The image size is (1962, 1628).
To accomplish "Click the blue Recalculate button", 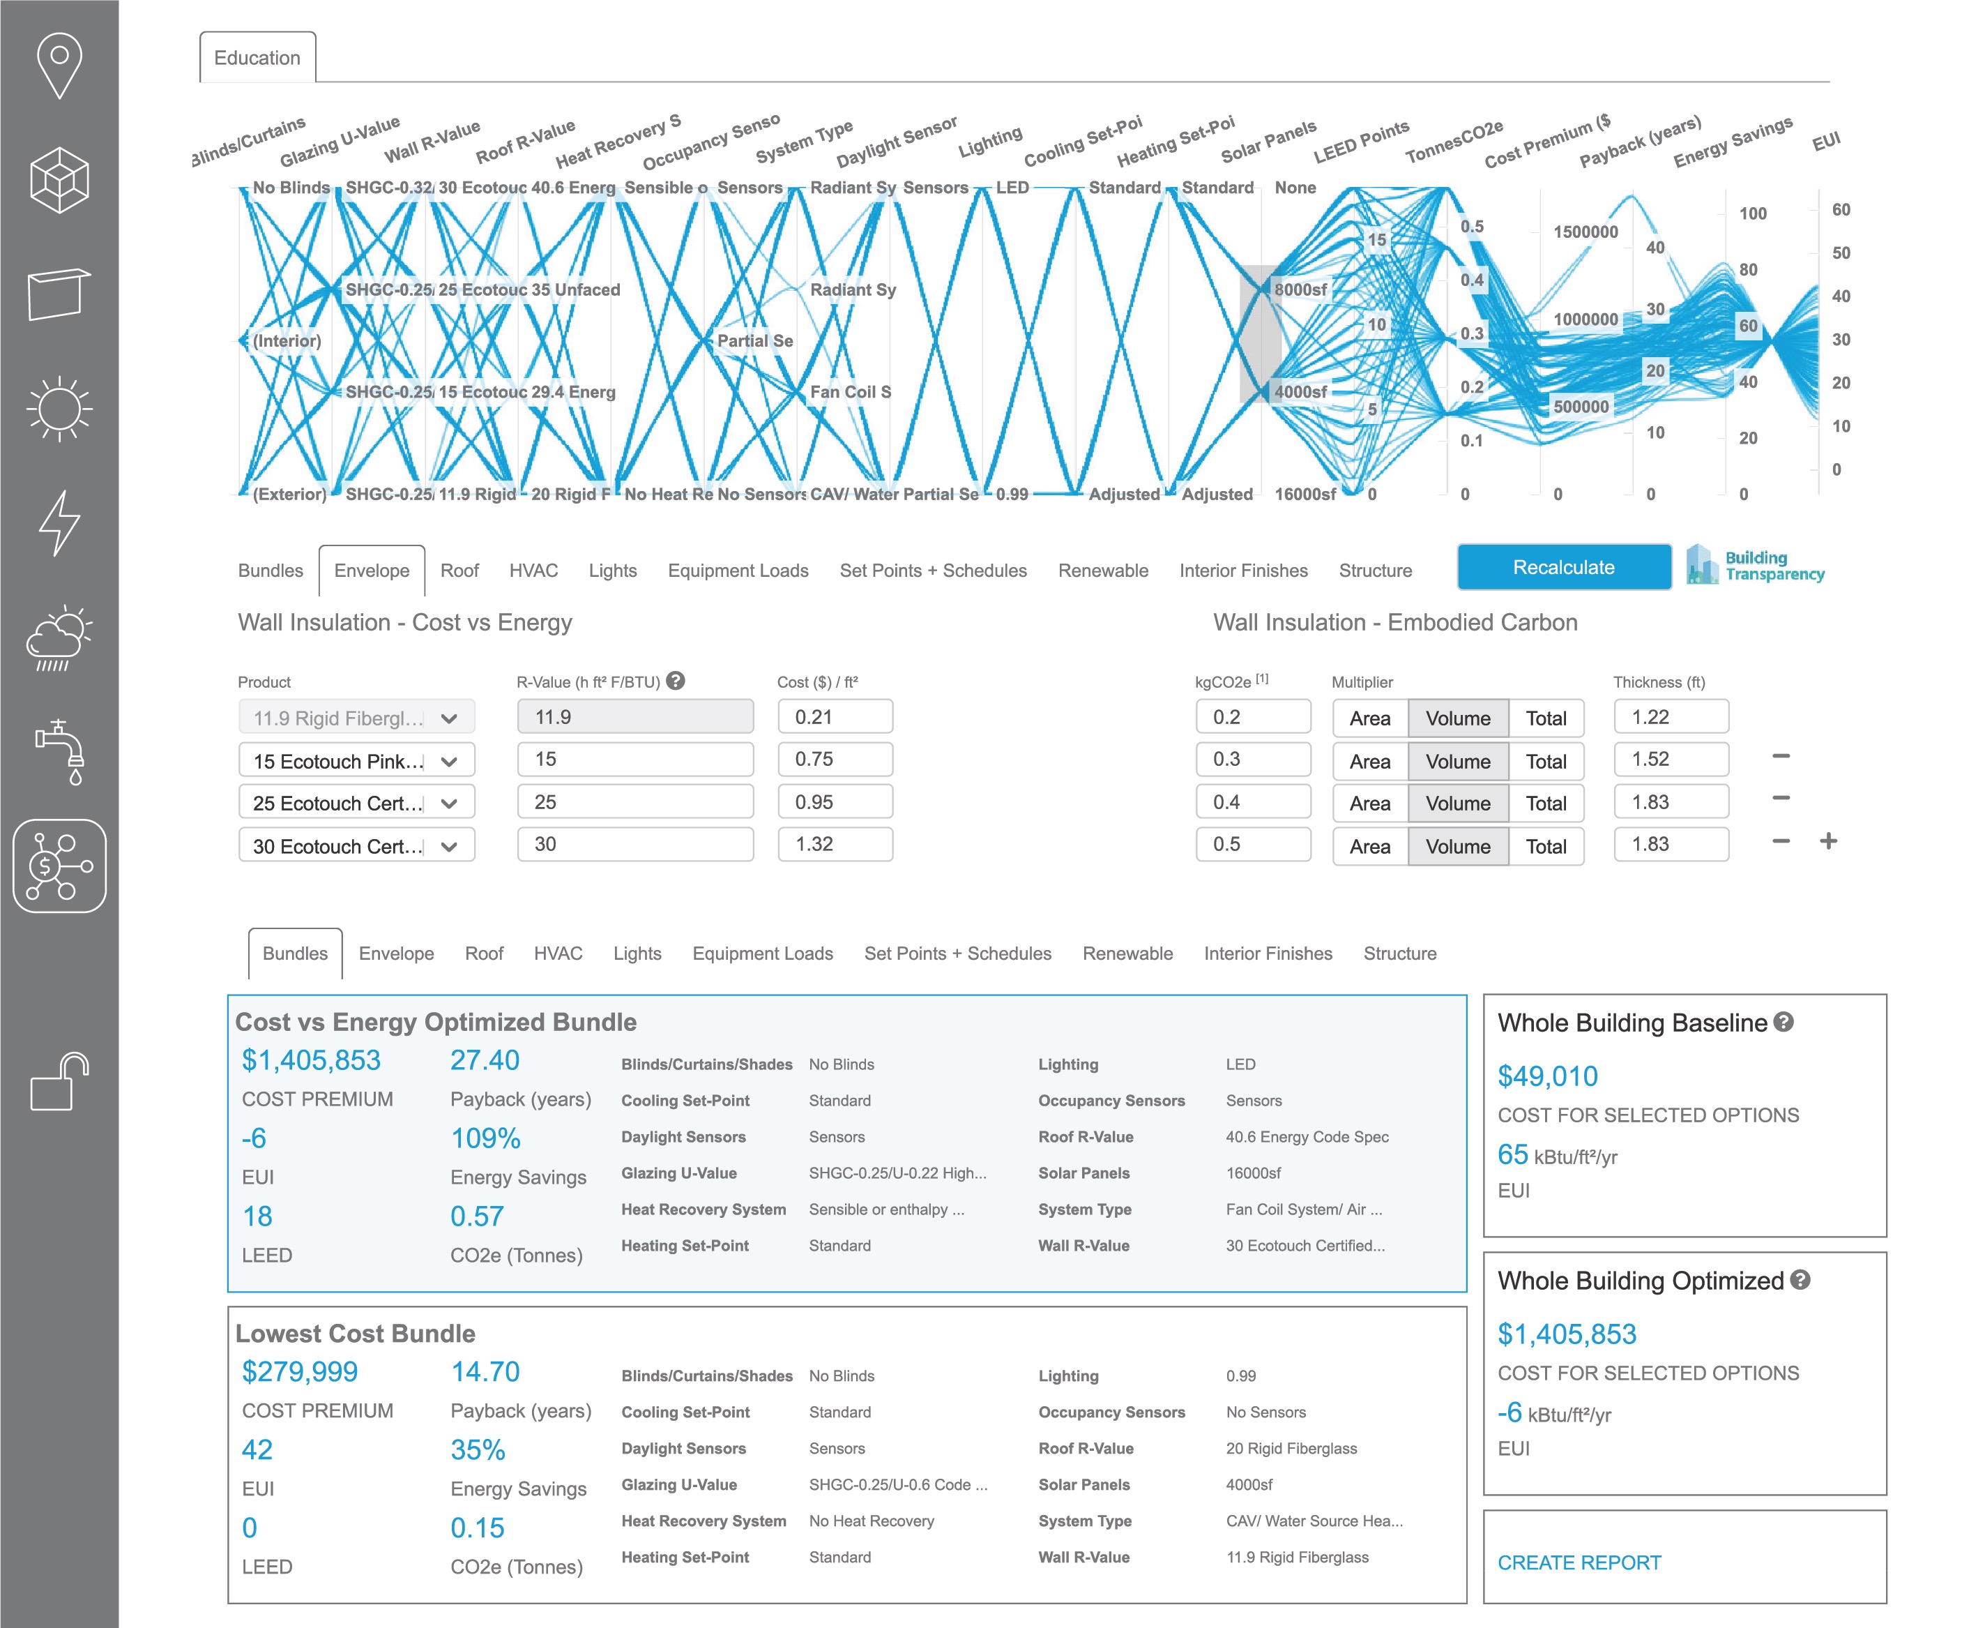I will point(1563,567).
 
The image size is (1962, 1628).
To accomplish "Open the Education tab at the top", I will point(257,58).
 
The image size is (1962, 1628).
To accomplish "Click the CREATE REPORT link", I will point(1579,1562).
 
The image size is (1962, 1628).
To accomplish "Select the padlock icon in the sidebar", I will point(59,1083).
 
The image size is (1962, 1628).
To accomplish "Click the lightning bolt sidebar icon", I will point(59,522).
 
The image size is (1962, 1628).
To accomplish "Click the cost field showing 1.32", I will point(835,844).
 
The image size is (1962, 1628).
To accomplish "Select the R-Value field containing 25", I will point(634,802).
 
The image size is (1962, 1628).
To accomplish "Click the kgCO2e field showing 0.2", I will point(1252,717).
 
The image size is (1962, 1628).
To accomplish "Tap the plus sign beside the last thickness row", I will point(1828,841).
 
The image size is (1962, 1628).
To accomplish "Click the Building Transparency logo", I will point(1755,566).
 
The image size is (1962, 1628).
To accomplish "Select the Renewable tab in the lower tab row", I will point(1127,954).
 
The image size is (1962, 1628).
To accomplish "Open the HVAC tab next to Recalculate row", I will point(533,570).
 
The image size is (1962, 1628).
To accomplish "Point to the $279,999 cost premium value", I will point(299,1371).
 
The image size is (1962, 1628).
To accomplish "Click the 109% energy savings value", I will point(485,1138).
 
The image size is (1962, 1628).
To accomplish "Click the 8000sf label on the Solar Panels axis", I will point(1300,289).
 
